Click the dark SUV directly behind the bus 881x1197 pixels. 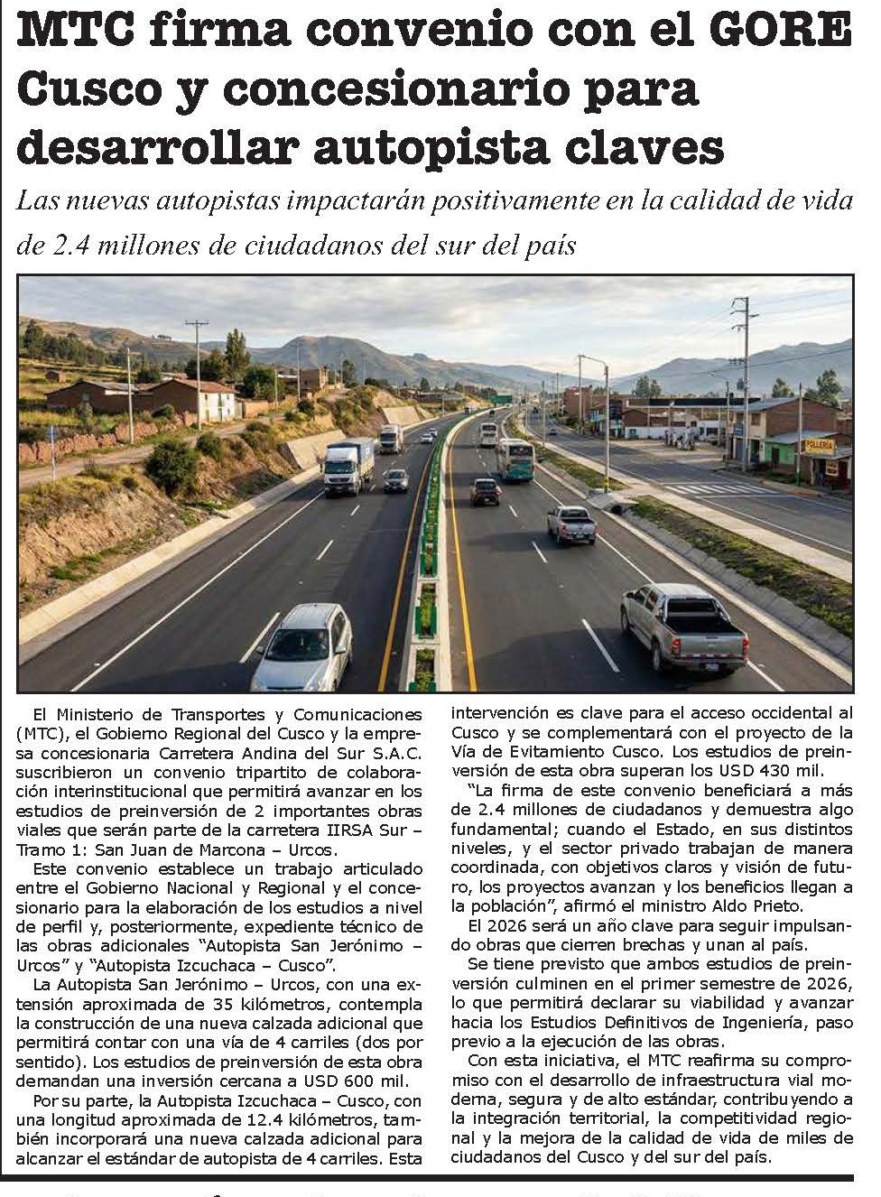click(x=486, y=491)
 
